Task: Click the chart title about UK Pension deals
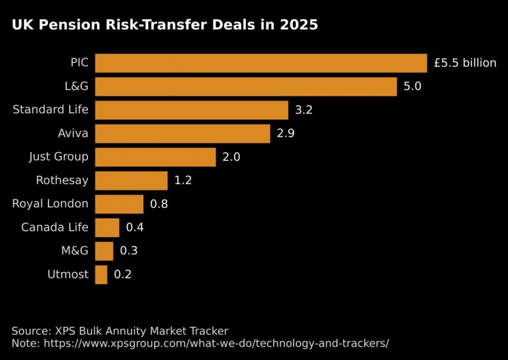pos(165,25)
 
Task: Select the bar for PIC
pos(260,63)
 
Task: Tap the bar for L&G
pos(246,87)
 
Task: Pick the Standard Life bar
pos(191,110)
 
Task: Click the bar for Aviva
pos(183,133)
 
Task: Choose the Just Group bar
pos(155,157)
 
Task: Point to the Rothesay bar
pos(131,181)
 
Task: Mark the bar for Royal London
pos(119,204)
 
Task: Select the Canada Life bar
pos(107,227)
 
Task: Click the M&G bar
pos(104,251)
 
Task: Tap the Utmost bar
pos(101,274)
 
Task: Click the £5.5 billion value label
pos(465,63)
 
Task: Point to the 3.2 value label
pos(304,110)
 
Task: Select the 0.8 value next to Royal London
pos(159,204)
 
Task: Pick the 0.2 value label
pos(123,274)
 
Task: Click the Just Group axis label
pos(58,157)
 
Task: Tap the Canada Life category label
pos(54,227)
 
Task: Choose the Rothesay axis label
pos(62,181)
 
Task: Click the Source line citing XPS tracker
pos(120,330)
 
